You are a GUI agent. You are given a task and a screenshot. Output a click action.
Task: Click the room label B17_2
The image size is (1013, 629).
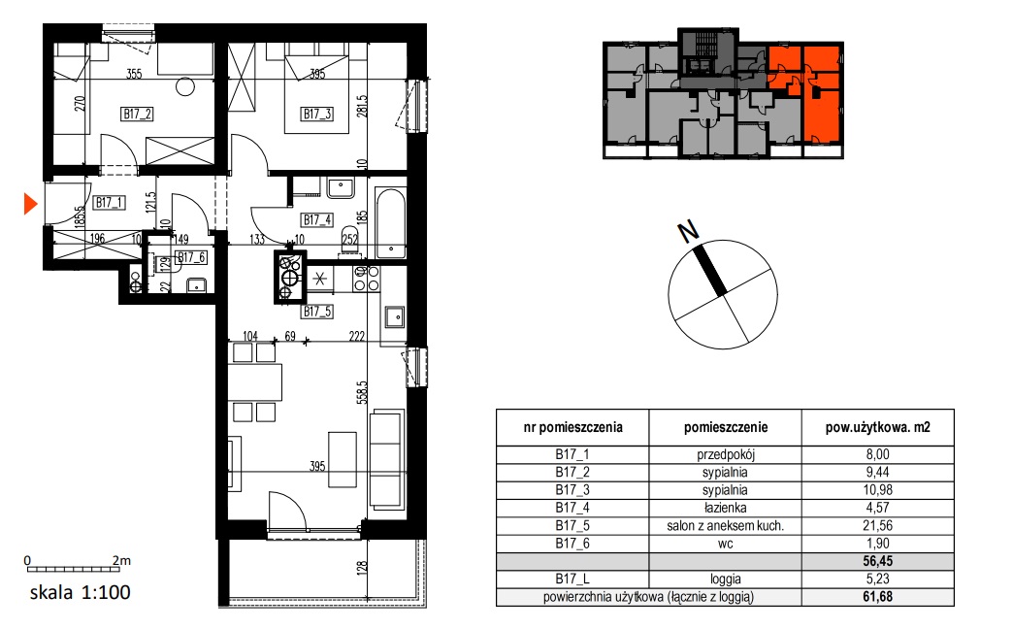137,115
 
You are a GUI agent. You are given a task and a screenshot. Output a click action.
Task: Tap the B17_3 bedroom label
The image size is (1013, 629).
316,115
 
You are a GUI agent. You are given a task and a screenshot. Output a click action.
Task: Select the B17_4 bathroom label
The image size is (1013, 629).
317,219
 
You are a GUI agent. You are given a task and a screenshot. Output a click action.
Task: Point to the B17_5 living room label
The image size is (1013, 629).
317,312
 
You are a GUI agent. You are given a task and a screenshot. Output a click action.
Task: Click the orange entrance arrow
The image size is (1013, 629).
30,204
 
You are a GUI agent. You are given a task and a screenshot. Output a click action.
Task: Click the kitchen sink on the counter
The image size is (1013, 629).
393,316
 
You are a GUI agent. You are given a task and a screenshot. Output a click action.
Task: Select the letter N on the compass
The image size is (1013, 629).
688,231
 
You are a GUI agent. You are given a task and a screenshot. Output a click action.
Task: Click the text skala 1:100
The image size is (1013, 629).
81,592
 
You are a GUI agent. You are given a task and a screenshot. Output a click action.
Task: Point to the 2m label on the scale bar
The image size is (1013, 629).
121,560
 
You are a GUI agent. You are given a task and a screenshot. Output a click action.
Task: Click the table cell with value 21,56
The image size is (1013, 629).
877,525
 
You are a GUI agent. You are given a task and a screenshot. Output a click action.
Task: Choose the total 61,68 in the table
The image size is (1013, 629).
877,597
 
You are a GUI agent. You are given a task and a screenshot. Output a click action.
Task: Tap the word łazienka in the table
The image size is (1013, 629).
725,508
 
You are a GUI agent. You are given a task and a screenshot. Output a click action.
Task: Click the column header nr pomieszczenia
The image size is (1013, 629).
572,427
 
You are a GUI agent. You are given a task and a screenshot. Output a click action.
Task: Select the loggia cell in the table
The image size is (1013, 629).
725,579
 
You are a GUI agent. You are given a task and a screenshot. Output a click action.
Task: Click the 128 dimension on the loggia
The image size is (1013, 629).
362,568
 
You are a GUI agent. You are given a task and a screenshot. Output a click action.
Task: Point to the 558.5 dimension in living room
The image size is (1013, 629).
362,392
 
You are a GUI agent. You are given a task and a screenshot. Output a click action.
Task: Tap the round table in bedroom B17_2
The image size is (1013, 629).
185,86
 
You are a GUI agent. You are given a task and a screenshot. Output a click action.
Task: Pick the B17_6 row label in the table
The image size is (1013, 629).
572,544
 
